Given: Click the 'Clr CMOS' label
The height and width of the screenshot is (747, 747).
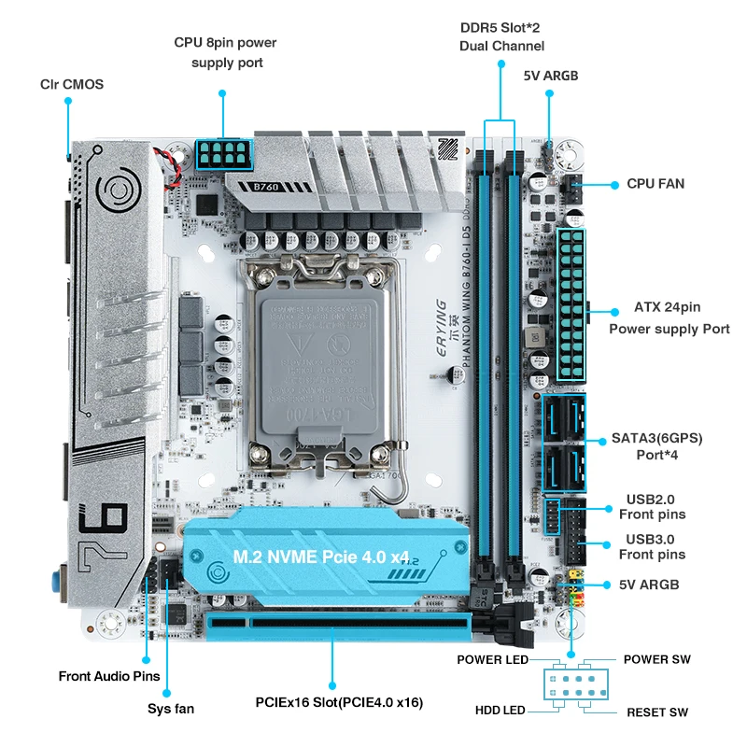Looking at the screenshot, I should click(x=71, y=84).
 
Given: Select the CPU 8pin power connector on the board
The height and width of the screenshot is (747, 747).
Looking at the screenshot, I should click(x=224, y=153).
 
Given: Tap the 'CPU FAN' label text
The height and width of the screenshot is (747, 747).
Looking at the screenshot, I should click(x=655, y=184).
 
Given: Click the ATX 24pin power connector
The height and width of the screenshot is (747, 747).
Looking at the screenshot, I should click(x=571, y=303).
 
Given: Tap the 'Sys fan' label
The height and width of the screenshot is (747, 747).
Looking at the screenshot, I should click(x=171, y=709).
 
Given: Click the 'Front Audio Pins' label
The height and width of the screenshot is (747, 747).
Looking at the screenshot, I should click(x=109, y=676).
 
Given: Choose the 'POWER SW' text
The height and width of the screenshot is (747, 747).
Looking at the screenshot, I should click(x=656, y=659).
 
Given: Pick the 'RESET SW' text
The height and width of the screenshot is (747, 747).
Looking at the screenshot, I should click(x=656, y=712).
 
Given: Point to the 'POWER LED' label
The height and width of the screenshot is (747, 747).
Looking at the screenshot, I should click(x=491, y=659).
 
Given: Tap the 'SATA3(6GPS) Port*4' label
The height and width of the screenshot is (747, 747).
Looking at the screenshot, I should click(x=656, y=445).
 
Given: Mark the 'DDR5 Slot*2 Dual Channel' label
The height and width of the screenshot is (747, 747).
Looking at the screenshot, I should click(x=501, y=36).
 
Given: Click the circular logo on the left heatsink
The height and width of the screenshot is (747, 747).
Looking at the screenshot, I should click(x=120, y=191).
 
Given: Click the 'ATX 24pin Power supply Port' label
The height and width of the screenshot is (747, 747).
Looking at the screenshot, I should click(x=669, y=317).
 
